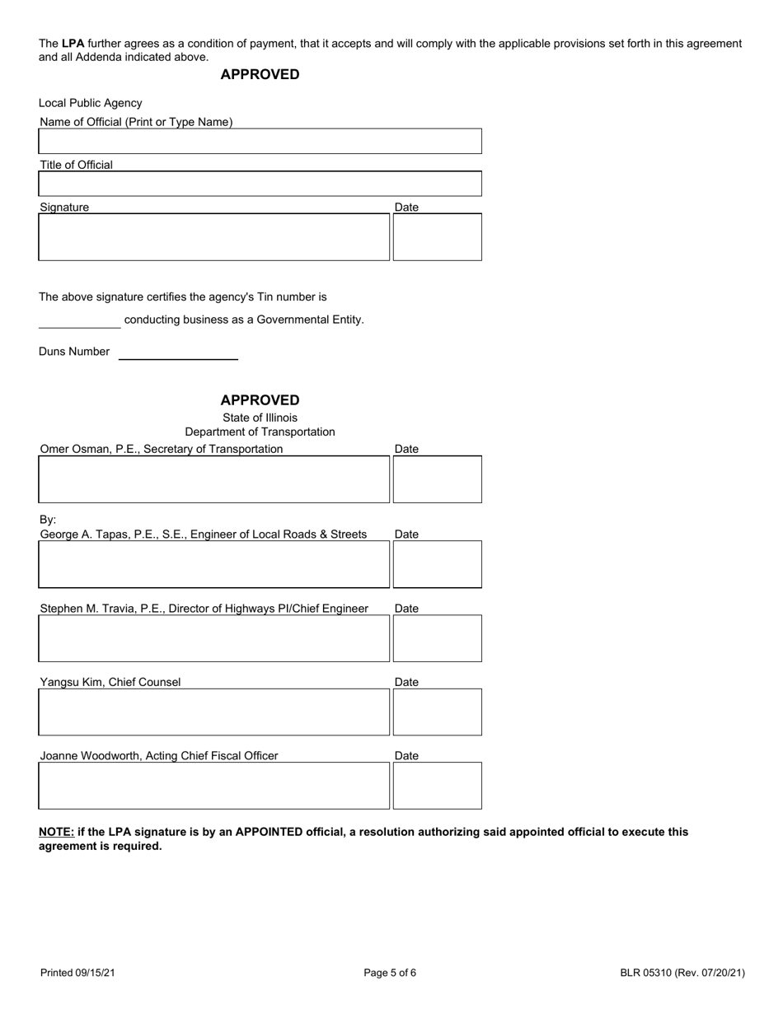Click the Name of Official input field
pos(260,141)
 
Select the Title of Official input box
pos(260,184)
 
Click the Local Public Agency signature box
pos(213,237)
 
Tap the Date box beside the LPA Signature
pos(437,237)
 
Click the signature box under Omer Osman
pos(213,479)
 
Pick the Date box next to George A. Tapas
pos(437,564)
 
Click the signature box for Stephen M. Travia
pos(213,638)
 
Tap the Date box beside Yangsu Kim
pos(437,712)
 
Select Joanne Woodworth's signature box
pos(213,786)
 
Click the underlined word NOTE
pos(56,832)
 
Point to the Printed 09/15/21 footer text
pos(77,973)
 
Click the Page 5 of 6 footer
pos(390,973)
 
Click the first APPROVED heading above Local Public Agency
pos(260,75)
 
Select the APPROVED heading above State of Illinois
pos(260,400)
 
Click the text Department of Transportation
pos(260,432)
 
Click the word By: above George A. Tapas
pos(48,520)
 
